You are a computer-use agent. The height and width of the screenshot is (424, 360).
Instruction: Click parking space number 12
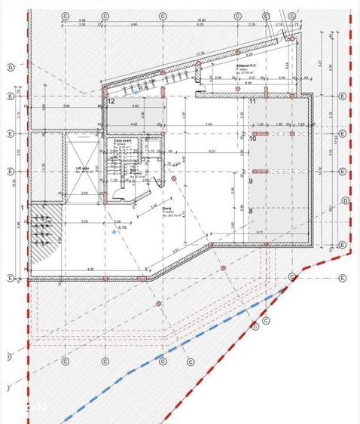pyautogui.click(x=111, y=100)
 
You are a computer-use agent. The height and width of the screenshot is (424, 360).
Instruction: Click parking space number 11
pyautogui.click(x=253, y=101)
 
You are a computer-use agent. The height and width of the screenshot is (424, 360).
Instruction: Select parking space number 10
pyautogui.click(x=253, y=139)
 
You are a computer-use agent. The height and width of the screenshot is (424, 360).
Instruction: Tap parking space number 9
pyautogui.click(x=251, y=181)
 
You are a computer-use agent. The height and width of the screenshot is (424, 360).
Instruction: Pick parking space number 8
pyautogui.click(x=251, y=212)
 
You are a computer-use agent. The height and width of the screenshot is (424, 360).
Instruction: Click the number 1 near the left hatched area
pyautogui.click(x=23, y=207)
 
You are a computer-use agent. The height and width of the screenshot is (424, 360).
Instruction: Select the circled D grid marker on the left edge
pyautogui.click(x=10, y=67)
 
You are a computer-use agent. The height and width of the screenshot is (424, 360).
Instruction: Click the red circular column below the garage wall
pyautogui.click(x=158, y=303)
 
